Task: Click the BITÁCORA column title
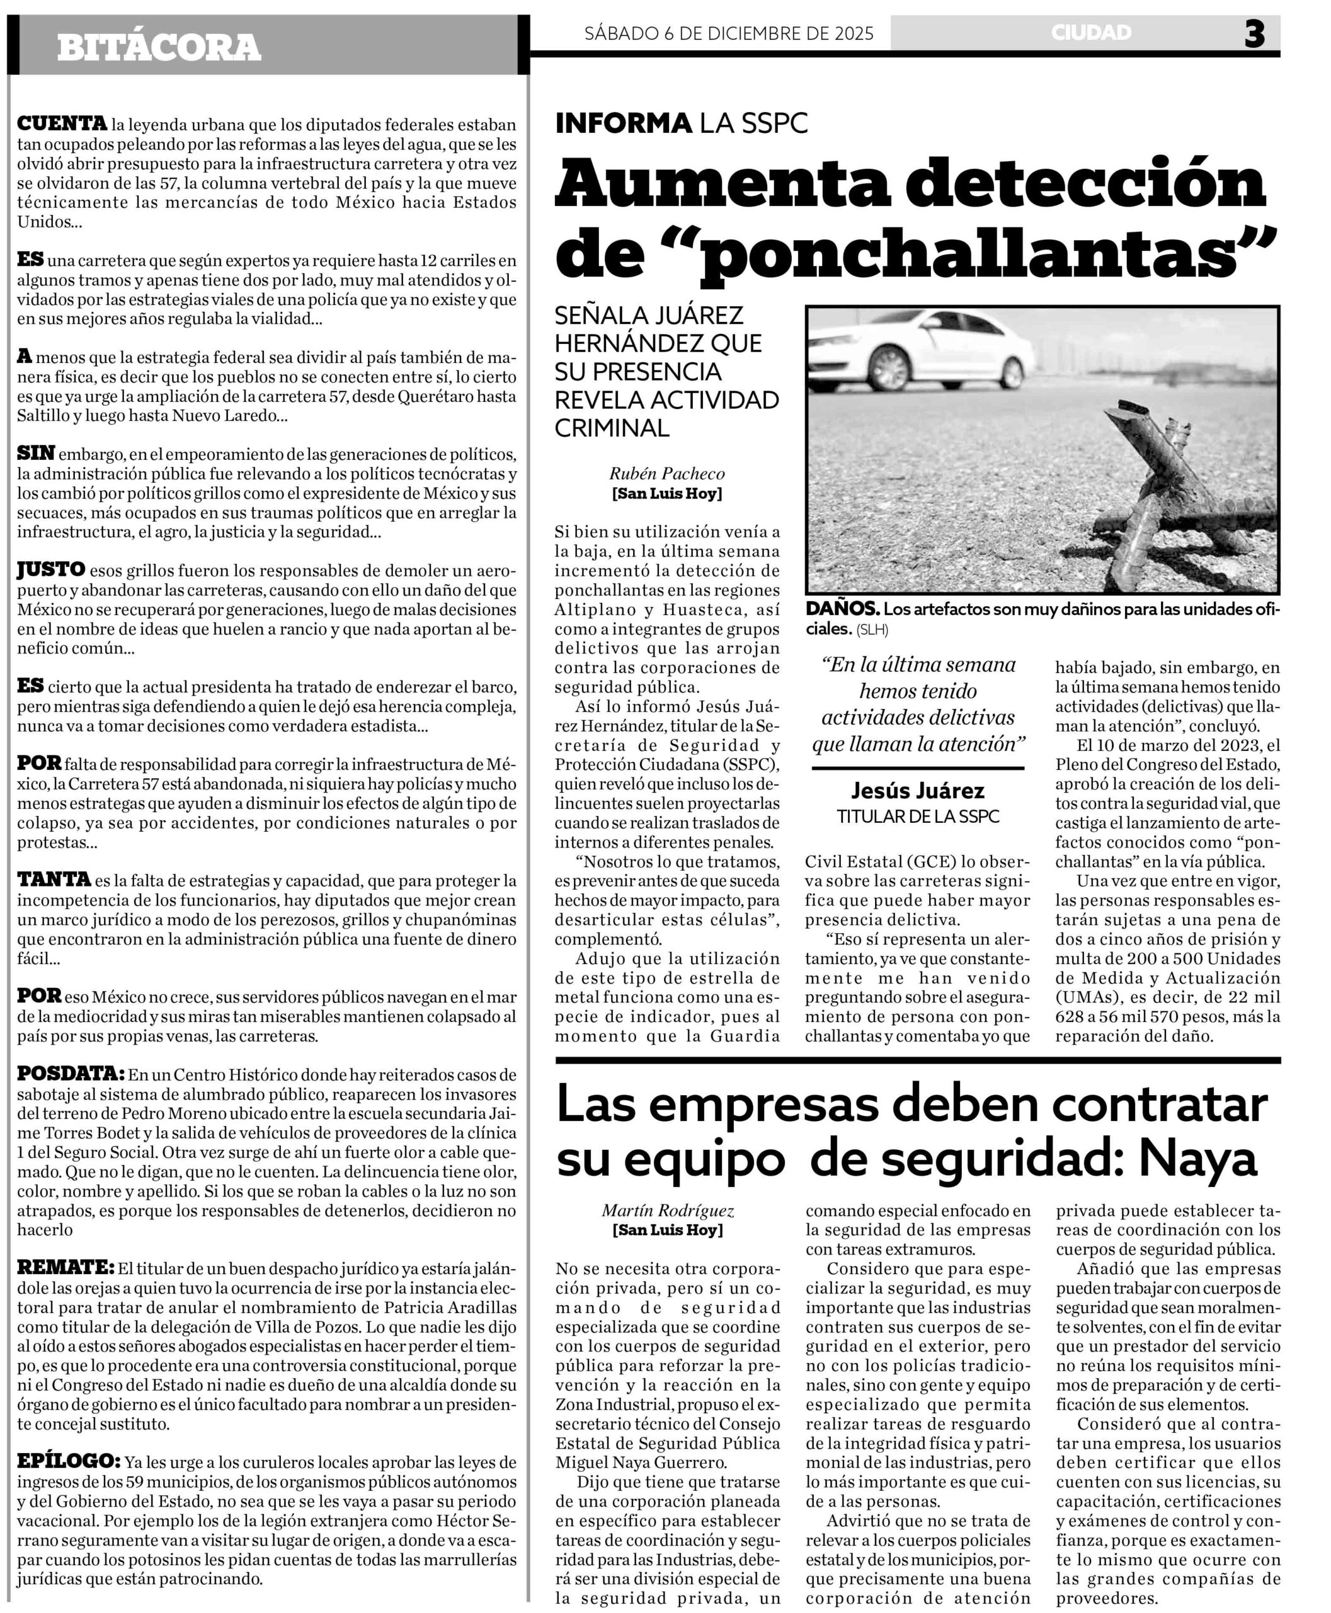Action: click(159, 47)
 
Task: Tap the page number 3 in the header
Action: click(1254, 35)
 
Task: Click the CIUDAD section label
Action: click(1090, 33)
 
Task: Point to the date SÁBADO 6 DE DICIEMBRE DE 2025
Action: click(728, 34)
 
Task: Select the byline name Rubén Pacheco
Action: click(666, 474)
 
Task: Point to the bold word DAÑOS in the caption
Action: click(841, 609)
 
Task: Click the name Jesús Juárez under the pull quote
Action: click(917, 791)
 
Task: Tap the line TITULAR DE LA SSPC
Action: click(917, 816)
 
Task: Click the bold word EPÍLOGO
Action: click(67, 1461)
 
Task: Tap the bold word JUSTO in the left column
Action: click(50, 569)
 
